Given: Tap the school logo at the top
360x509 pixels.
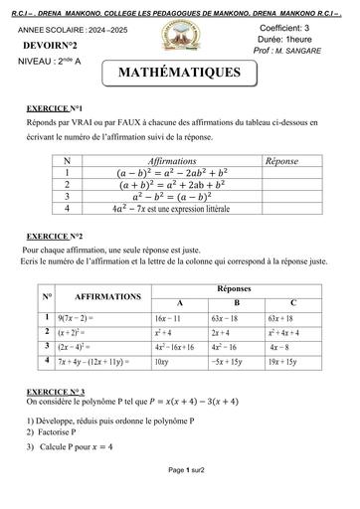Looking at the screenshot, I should tap(179, 40).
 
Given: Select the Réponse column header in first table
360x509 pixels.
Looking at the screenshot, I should tap(282, 159).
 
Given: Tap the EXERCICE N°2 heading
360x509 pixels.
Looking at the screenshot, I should tap(55, 235).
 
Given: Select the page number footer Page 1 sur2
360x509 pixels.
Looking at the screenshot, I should tap(179, 496).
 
